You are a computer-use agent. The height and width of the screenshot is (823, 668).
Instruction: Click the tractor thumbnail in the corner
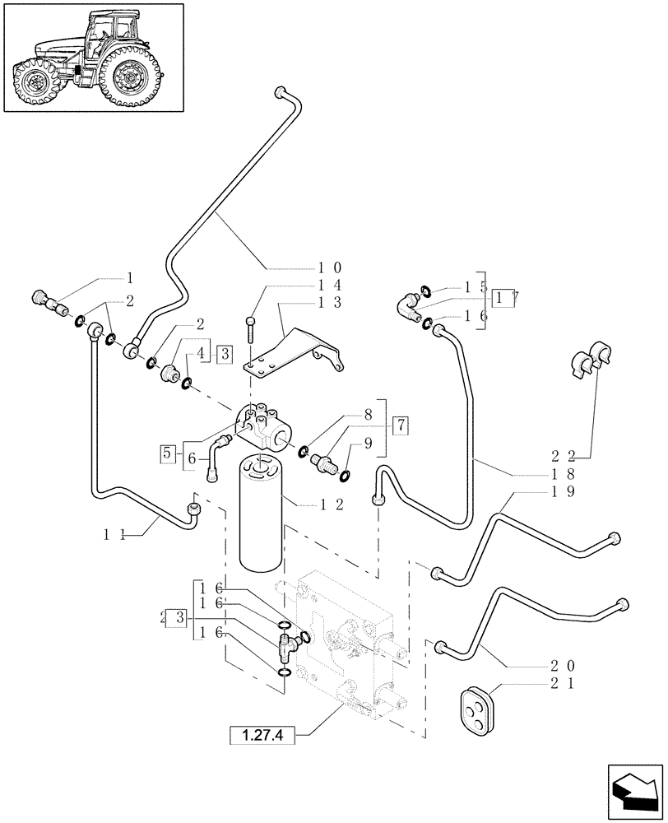[92, 57]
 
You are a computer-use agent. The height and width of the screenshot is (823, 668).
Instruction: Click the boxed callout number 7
[400, 426]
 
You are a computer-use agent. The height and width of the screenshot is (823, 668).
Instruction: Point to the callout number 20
[564, 666]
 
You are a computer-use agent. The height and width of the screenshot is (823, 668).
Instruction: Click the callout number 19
[564, 492]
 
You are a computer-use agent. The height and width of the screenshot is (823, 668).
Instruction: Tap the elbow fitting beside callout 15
[409, 308]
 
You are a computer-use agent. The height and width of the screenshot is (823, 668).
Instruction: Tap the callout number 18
[564, 475]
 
